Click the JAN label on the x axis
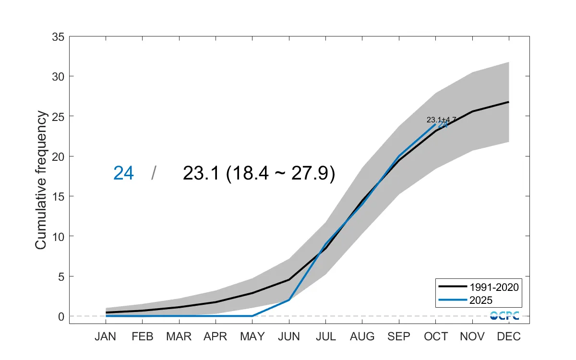[106, 336]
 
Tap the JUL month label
[325, 336]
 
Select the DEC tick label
[508, 336]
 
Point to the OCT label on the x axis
[435, 336]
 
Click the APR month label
[216, 336]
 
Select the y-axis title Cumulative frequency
[41, 180]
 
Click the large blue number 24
[123, 173]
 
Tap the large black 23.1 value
[202, 173]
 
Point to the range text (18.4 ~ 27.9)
[280, 173]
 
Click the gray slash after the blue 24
[153, 173]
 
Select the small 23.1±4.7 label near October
[441, 120]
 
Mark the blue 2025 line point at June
[289, 300]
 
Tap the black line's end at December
[508, 102]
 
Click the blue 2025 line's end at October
[435, 124]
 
